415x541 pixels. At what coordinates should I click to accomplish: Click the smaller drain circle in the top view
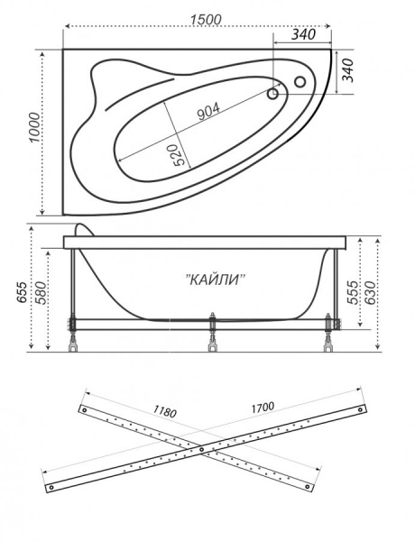[272, 93]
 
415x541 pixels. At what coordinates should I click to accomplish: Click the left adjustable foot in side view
[69, 334]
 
